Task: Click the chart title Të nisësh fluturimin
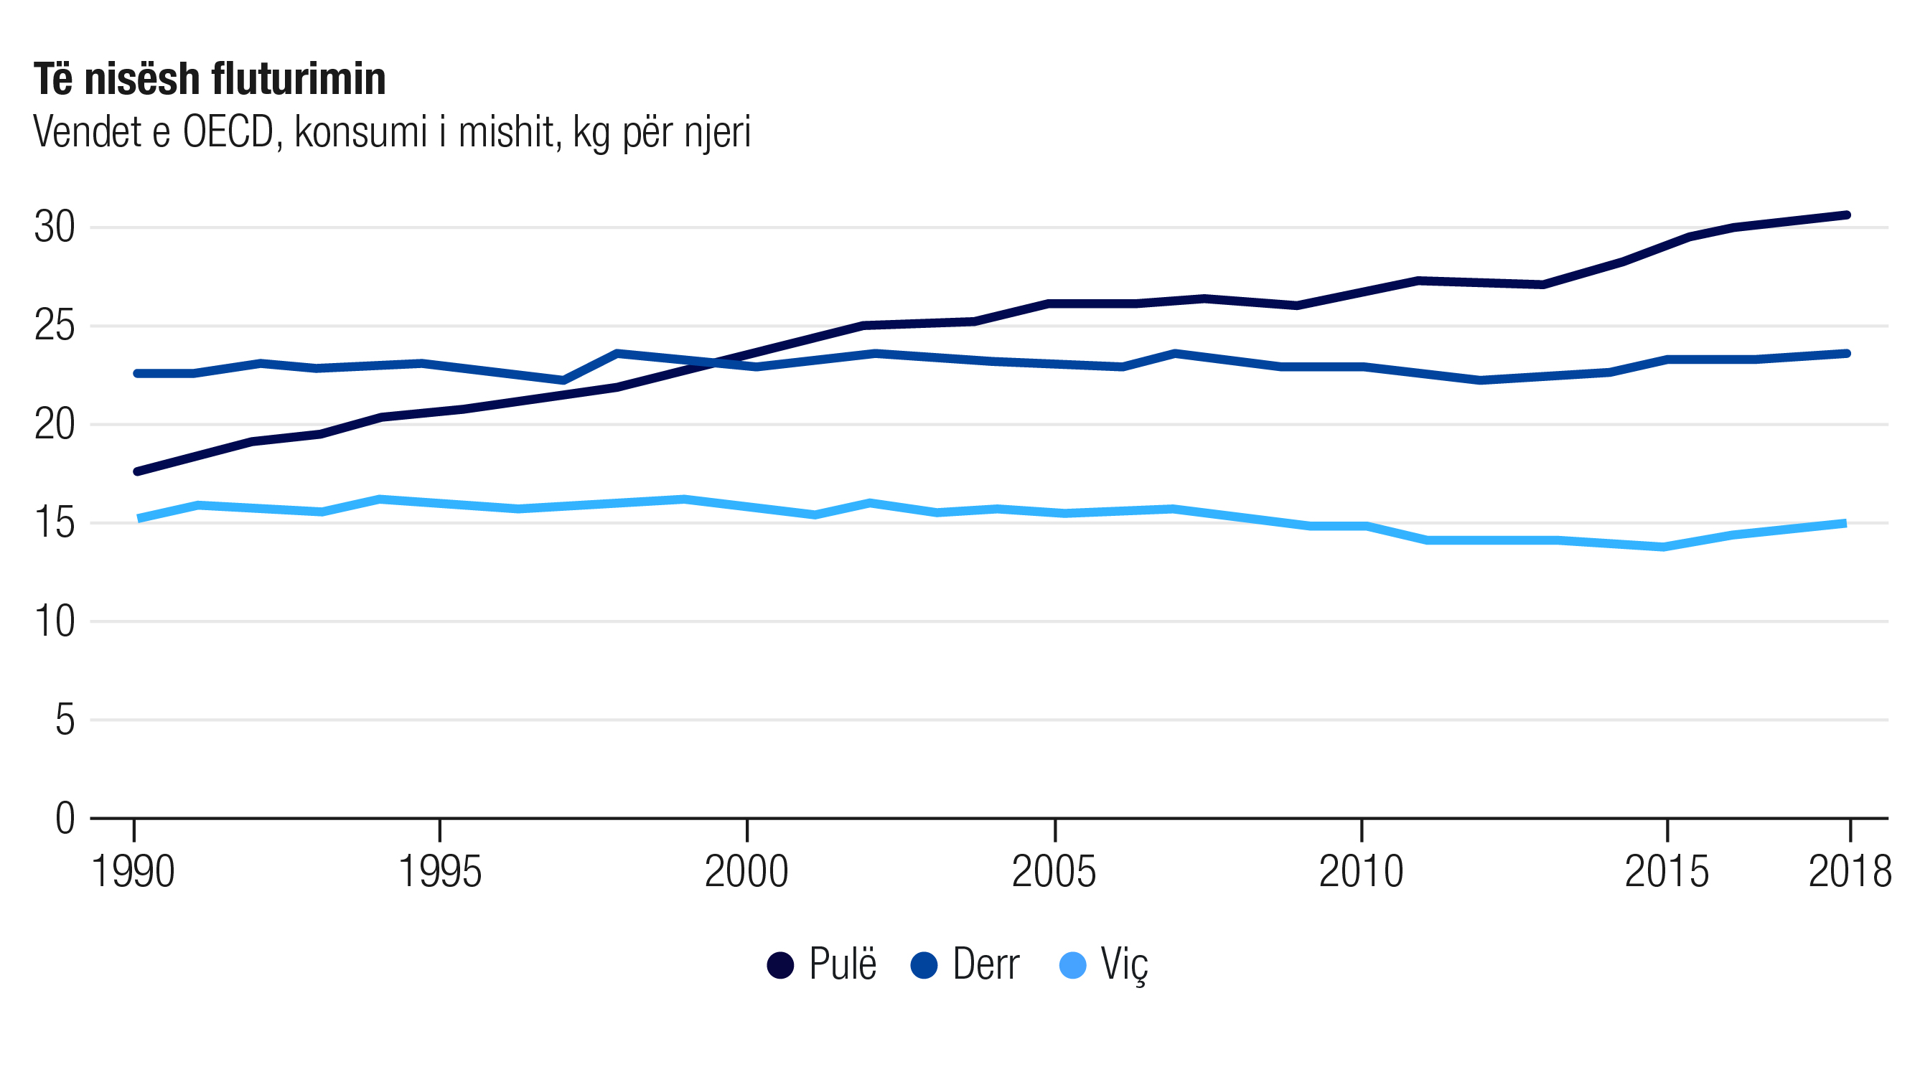[x=210, y=80]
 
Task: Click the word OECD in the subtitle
[x=229, y=133]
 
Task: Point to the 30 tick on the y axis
[x=55, y=227]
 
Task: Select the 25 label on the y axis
[x=55, y=326]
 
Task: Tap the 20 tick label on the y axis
[x=55, y=425]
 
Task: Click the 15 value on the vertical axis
[x=55, y=523]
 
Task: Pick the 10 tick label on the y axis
[x=55, y=622]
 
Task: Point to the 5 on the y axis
[x=65, y=720]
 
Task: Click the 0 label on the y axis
[x=65, y=819]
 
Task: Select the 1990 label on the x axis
[x=133, y=872]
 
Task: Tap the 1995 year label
[x=440, y=872]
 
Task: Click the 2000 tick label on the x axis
[x=746, y=872]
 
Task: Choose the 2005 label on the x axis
[x=1054, y=872]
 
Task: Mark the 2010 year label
[x=1361, y=872]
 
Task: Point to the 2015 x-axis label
[x=1667, y=872]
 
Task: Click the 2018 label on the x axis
[x=1850, y=872]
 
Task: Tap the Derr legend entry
[x=965, y=965]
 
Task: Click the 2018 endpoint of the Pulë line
[x=1848, y=215]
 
